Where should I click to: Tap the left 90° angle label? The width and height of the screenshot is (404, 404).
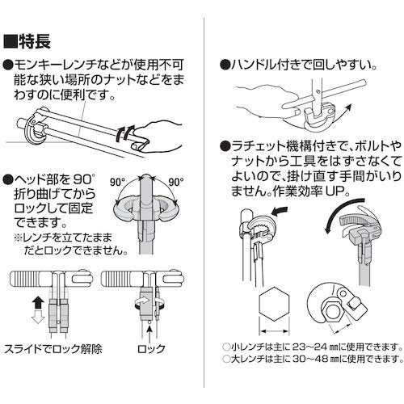click(119, 183)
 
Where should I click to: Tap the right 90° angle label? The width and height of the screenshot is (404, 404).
click(178, 183)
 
